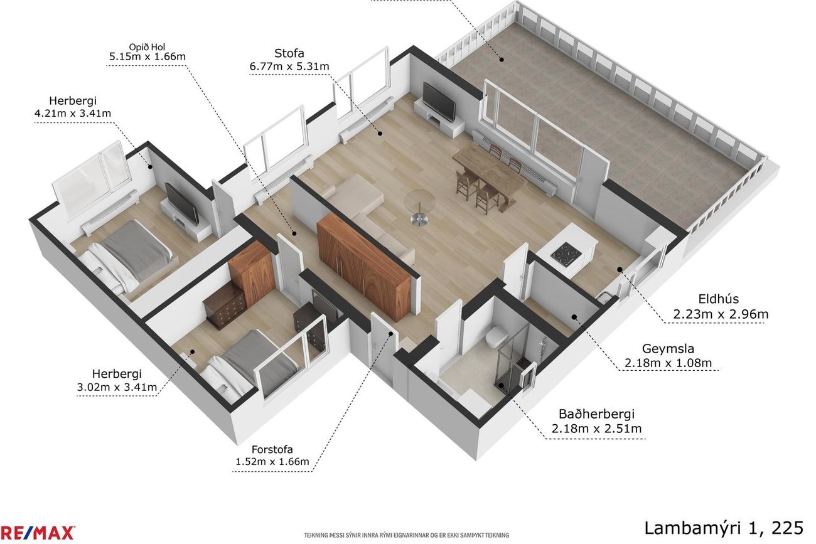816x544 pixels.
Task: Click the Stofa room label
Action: click(x=289, y=53)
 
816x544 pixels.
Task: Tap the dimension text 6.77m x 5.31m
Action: click(x=289, y=67)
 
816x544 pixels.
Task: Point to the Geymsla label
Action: click(x=668, y=349)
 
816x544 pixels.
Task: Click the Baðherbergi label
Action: click(x=597, y=414)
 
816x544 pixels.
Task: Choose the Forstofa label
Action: click(x=272, y=449)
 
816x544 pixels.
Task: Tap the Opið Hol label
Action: click(x=147, y=47)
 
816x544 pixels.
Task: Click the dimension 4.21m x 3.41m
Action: click(x=73, y=113)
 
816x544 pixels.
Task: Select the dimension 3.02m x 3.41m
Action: click(x=117, y=387)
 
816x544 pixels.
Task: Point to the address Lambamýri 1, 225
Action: click(x=724, y=528)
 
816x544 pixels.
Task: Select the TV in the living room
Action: click(x=439, y=102)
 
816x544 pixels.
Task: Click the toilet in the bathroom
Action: click(x=496, y=337)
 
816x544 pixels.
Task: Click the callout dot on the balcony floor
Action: click(x=502, y=60)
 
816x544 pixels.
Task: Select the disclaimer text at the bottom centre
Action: click(x=406, y=535)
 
